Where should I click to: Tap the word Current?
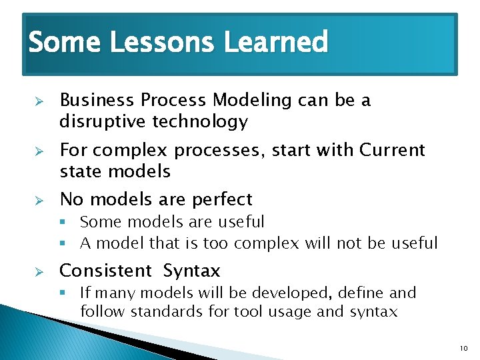pos(392,150)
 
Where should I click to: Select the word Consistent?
pos(106,271)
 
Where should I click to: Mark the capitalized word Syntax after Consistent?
pos(191,271)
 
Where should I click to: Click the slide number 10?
pos(464,349)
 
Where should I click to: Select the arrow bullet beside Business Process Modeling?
pos(39,101)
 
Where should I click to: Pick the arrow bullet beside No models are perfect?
pos(39,199)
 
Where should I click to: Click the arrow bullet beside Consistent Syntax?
pos(39,271)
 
